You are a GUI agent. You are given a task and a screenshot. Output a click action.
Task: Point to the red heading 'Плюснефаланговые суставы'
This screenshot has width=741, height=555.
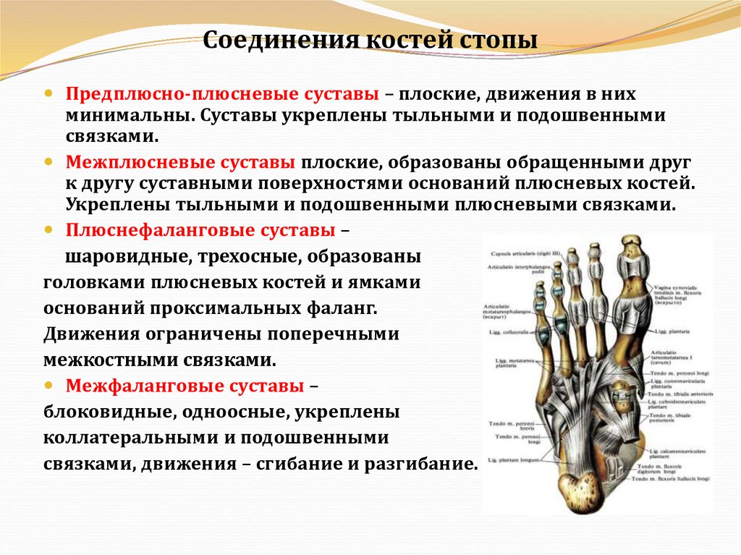pyautogui.click(x=200, y=230)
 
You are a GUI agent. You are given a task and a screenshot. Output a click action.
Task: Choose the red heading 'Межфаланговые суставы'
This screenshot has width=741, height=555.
pyautogui.click(x=185, y=386)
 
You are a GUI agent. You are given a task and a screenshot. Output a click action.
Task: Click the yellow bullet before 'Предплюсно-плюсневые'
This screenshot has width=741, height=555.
pyautogui.click(x=49, y=95)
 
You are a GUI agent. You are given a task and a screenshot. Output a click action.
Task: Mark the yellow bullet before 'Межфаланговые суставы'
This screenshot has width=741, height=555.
pyautogui.click(x=49, y=386)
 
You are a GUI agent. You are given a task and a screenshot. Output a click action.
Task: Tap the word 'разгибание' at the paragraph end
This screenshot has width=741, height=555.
pyautogui.click(x=419, y=463)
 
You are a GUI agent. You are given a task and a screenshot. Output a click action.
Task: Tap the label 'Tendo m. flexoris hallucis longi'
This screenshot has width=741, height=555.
pyautogui.click(x=670, y=479)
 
